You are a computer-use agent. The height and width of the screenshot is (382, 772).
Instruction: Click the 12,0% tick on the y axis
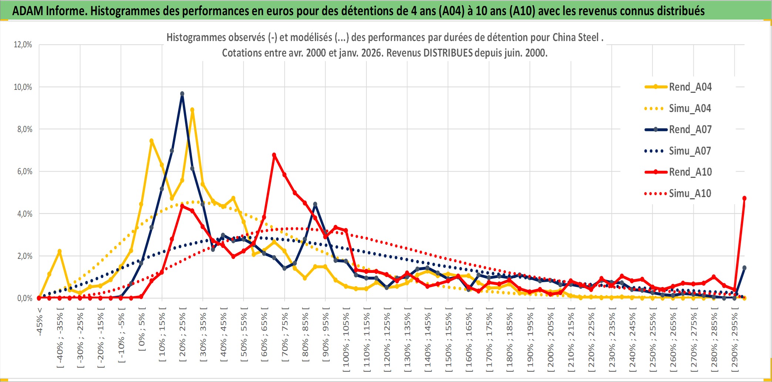tap(23, 45)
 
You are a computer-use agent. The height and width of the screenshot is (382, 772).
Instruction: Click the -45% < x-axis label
tap(40, 322)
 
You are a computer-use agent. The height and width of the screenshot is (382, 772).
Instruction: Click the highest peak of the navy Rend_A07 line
tap(182, 94)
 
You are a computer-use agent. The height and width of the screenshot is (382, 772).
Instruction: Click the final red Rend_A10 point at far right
tap(744, 199)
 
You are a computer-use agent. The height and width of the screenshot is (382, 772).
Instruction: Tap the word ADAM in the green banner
tap(28, 11)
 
